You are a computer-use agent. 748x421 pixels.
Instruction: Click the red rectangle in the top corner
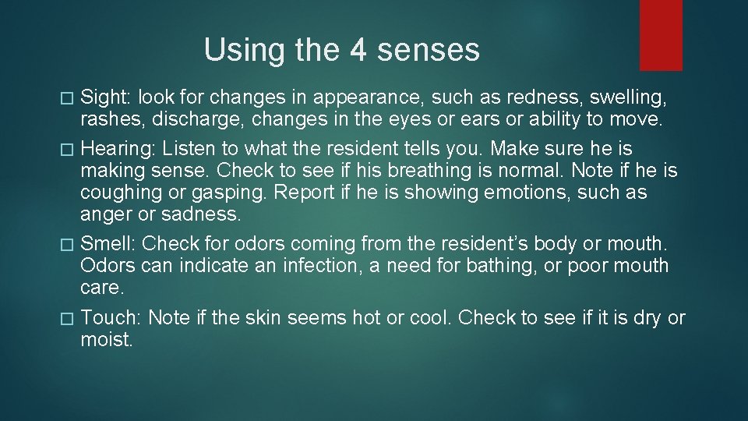(x=661, y=34)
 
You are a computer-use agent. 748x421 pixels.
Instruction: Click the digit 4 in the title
(x=358, y=51)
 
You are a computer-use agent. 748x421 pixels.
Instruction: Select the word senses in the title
(x=428, y=51)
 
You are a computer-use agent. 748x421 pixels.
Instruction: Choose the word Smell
(x=109, y=243)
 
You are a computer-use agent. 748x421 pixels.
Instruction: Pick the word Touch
(x=111, y=317)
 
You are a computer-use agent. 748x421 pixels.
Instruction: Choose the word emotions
(x=534, y=192)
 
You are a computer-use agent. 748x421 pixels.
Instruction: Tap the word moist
(x=107, y=340)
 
